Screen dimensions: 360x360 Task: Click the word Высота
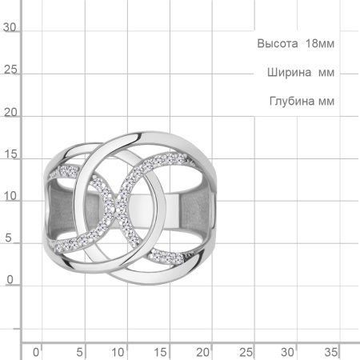pyautogui.click(x=275, y=43)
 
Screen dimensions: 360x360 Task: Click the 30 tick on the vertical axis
pyautogui.click(x=10, y=27)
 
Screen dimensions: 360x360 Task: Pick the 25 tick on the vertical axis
pyautogui.click(x=10, y=70)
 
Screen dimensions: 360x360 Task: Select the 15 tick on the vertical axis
pyautogui.click(x=10, y=155)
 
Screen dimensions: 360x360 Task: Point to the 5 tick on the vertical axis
pyautogui.click(x=10, y=239)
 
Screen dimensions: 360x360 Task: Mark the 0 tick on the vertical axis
pyautogui.click(x=10, y=280)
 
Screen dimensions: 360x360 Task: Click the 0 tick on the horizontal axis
pyautogui.click(x=35, y=351)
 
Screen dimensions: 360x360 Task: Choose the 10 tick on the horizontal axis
pyautogui.click(x=119, y=351)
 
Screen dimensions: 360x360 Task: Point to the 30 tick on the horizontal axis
pyautogui.click(x=288, y=351)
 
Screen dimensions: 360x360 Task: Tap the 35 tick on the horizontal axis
pyautogui.click(x=330, y=351)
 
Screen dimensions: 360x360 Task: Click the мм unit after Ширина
pyautogui.click(x=325, y=73)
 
